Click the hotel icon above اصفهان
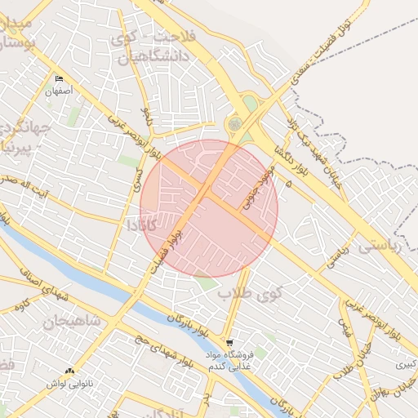point(59,79)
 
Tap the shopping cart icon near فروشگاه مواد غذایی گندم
point(229,343)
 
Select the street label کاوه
point(24,305)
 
